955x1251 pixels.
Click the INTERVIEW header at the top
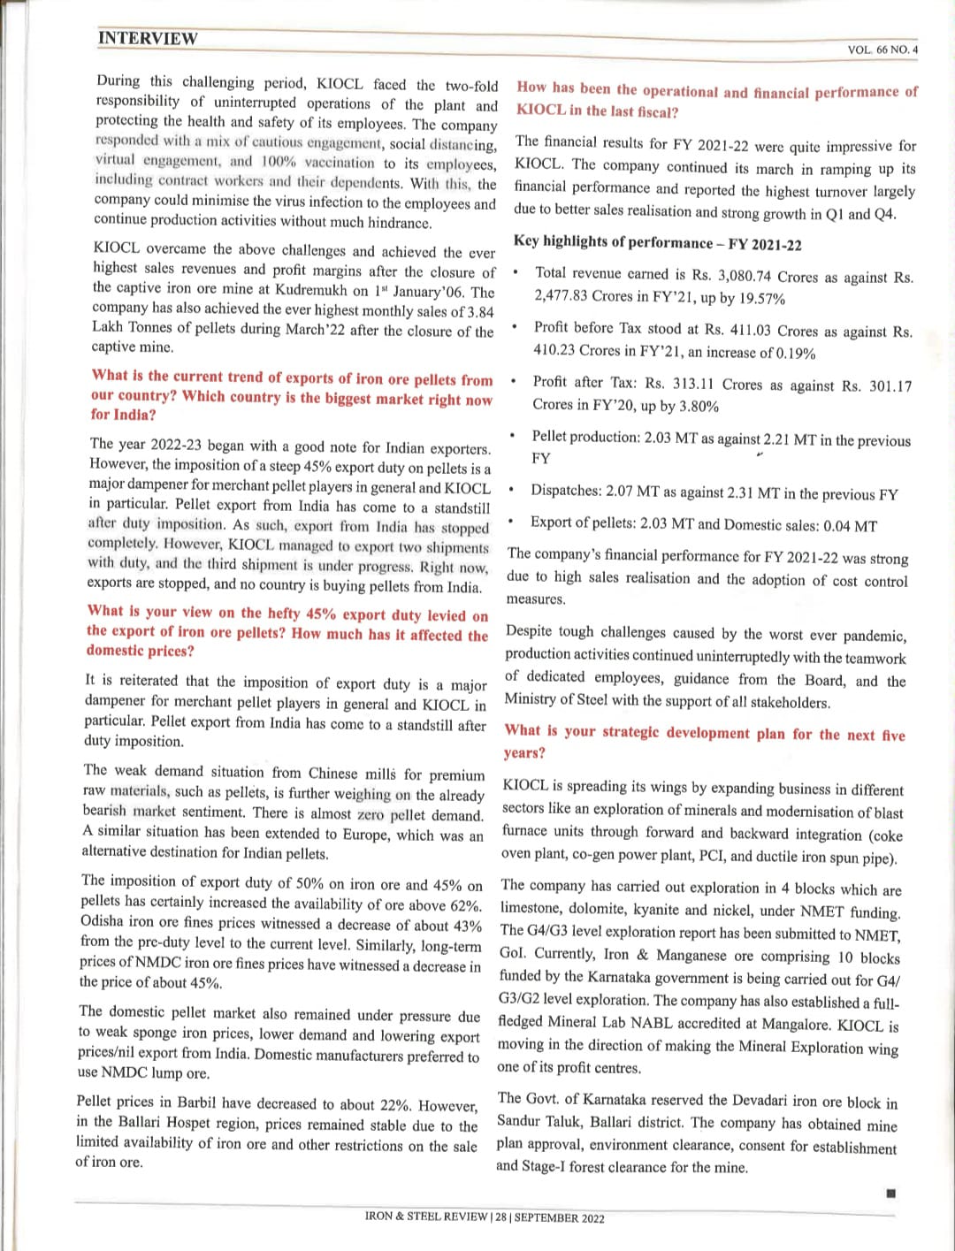[x=148, y=38]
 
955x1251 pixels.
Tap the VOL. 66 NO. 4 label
[x=882, y=50]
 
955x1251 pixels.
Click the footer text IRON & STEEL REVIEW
[x=425, y=1217]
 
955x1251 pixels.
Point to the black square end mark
[x=890, y=1194]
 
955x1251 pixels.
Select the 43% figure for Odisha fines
[x=466, y=926]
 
